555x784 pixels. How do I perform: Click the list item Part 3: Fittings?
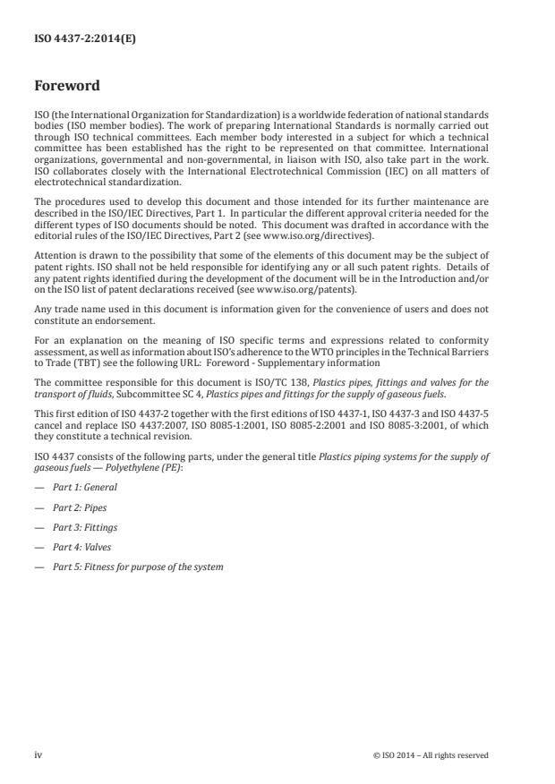[x=84, y=527]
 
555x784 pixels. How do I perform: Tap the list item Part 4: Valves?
[x=82, y=547]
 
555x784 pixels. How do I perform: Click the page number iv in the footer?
[x=38, y=754]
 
